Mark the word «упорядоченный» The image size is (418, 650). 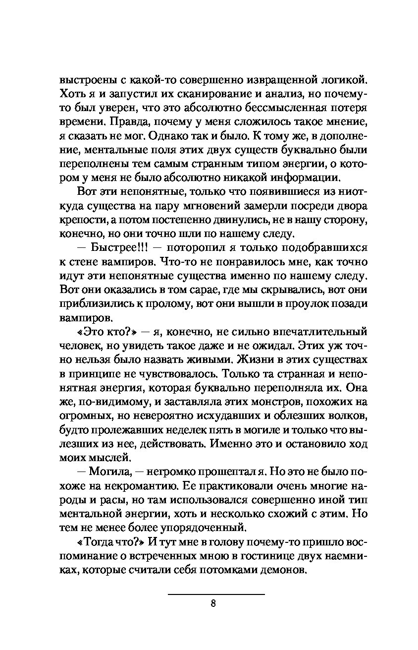click(x=208, y=527)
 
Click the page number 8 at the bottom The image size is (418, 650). click(x=212, y=603)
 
